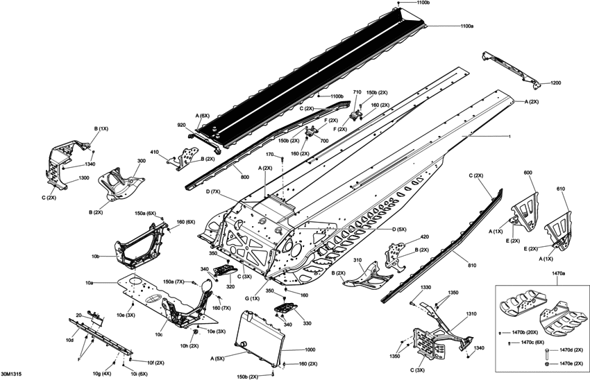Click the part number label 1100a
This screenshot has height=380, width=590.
(x=467, y=26)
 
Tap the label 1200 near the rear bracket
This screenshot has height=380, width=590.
(x=556, y=83)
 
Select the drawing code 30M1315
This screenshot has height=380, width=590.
(x=10, y=374)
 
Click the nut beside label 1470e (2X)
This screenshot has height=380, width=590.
(x=547, y=365)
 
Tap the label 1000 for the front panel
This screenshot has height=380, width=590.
(x=310, y=350)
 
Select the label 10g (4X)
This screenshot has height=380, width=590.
(x=100, y=373)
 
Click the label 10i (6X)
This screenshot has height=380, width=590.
(x=140, y=374)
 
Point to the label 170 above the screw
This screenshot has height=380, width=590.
(x=270, y=155)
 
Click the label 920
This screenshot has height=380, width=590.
(x=181, y=125)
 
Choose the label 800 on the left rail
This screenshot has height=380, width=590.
(x=245, y=177)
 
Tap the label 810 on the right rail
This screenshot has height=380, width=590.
(x=472, y=266)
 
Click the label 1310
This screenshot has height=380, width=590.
(x=471, y=314)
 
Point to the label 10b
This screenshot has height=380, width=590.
(x=95, y=257)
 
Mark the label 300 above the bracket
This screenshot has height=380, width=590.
(x=142, y=161)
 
